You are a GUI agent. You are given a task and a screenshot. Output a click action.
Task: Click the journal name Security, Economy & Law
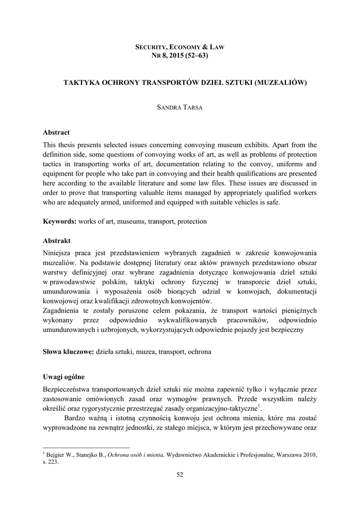tap(180, 47)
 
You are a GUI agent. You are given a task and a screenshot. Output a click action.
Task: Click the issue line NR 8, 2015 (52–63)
tap(180, 56)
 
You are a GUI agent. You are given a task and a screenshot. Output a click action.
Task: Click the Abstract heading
tap(56, 133)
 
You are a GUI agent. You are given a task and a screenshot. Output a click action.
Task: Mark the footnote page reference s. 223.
tap(51, 461)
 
